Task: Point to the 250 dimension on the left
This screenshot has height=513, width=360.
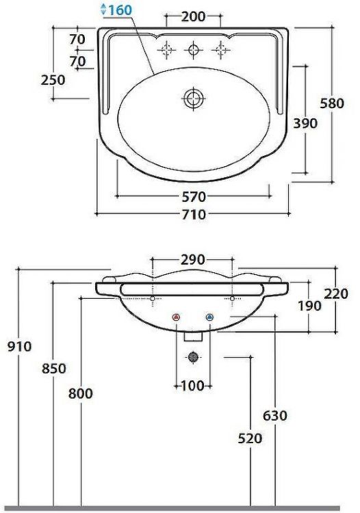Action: click(x=53, y=79)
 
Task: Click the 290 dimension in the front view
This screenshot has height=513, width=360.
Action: click(x=194, y=260)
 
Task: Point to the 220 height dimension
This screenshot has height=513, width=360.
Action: click(x=337, y=294)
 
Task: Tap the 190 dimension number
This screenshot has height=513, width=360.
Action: click(x=309, y=306)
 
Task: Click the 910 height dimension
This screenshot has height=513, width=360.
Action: click(x=20, y=347)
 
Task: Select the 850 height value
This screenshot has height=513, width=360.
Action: click(x=53, y=369)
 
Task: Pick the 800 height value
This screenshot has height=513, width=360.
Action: click(x=80, y=393)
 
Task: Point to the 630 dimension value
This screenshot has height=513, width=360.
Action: click(x=274, y=415)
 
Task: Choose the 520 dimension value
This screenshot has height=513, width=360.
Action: click(x=250, y=438)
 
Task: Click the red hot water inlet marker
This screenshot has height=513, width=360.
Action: click(x=177, y=318)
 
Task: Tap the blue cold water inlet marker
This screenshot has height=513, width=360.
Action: click(x=209, y=318)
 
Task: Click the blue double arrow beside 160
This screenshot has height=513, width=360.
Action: click(x=103, y=10)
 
